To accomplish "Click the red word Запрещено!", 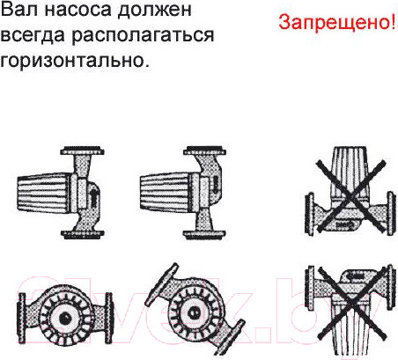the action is [x=337, y=22].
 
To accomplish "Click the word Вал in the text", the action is [x=19, y=10].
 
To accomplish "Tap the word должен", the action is [x=155, y=11].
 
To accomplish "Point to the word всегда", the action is [x=33, y=36].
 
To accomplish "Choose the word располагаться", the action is [x=143, y=36].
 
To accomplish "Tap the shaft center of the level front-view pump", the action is [x=65, y=318].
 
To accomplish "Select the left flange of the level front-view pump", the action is [x=21, y=318].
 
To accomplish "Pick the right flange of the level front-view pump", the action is [x=108, y=318].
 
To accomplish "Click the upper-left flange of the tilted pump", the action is [x=162, y=283].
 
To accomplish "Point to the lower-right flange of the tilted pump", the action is [x=229, y=337].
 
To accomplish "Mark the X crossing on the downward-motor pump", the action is [x=352, y=305].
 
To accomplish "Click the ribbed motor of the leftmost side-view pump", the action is [x=44, y=193].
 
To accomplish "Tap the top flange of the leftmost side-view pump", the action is [x=83, y=151].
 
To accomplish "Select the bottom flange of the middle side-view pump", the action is [x=204, y=234].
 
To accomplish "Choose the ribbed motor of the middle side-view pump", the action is [x=166, y=192].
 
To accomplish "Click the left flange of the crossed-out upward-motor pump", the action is [x=309, y=213].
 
